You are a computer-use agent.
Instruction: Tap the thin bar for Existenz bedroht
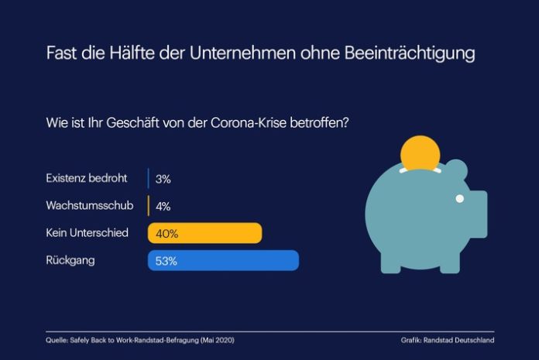pyautogui.click(x=149, y=179)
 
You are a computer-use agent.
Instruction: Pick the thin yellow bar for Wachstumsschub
pyautogui.click(x=149, y=206)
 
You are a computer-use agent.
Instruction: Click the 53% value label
pyautogui.click(x=166, y=261)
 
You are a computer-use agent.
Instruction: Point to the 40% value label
pyautogui.click(x=166, y=233)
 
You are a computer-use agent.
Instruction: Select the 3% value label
pyautogui.click(x=163, y=179)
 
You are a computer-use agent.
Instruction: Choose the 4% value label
pyautogui.click(x=163, y=206)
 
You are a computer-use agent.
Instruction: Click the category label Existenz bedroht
pyautogui.click(x=87, y=179)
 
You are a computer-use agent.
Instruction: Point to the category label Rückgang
pyautogui.click(x=70, y=261)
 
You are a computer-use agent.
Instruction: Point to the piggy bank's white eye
pyautogui.click(x=459, y=198)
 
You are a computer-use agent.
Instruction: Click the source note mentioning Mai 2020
pyautogui.click(x=139, y=340)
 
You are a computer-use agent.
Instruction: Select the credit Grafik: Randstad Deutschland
pyautogui.click(x=448, y=340)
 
